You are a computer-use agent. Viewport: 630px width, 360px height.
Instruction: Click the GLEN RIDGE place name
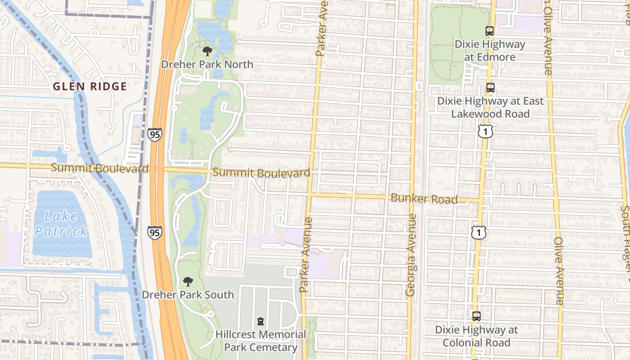tap(90, 86)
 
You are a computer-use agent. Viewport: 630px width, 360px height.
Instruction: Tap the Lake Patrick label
tap(61, 224)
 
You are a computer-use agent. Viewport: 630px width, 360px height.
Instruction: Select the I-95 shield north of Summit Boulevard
tap(154, 134)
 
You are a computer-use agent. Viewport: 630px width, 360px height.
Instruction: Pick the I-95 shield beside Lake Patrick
tap(154, 232)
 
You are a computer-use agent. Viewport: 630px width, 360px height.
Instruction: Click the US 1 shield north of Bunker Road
tap(486, 131)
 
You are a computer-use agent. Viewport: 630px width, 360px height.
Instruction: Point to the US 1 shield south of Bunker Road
tap(478, 232)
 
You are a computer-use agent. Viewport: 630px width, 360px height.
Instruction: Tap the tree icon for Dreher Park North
tap(207, 51)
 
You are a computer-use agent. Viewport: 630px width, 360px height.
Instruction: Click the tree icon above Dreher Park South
tap(188, 282)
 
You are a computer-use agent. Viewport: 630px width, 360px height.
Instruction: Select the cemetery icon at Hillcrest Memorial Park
tap(260, 321)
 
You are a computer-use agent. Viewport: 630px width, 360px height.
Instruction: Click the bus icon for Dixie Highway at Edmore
tap(490, 31)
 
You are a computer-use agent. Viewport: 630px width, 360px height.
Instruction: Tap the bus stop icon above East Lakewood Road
tap(490, 88)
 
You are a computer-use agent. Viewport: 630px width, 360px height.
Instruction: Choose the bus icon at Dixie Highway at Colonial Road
tap(476, 316)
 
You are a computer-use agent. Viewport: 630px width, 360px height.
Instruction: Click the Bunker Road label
tap(424, 198)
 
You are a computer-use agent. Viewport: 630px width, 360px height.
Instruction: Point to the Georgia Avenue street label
tap(410, 255)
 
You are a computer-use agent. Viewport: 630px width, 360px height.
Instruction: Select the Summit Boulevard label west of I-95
tap(99, 168)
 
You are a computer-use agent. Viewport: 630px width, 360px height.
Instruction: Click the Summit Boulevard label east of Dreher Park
tap(261, 173)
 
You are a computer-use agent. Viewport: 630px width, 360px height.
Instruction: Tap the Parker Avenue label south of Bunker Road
tap(306, 255)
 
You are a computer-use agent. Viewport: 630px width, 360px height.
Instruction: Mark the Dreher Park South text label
tap(188, 295)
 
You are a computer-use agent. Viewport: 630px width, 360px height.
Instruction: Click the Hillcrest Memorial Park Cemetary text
tap(261, 341)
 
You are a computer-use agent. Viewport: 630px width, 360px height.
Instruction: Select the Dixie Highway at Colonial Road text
tap(476, 336)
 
